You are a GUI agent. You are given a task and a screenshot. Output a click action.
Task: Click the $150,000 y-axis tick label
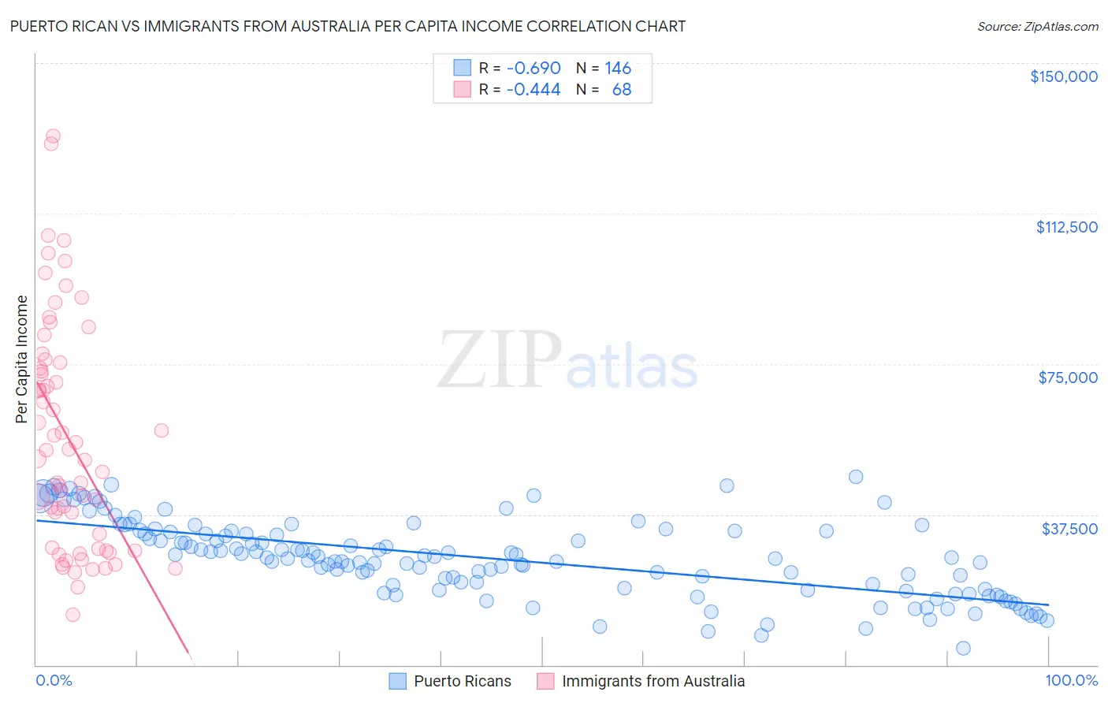pyautogui.click(x=1063, y=76)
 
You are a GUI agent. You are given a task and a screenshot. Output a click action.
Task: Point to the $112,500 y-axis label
pyautogui.click(x=1066, y=227)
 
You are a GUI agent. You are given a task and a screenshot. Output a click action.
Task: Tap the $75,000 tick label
pyautogui.click(x=1068, y=378)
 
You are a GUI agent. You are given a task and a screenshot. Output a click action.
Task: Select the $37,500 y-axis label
pyautogui.click(x=1069, y=529)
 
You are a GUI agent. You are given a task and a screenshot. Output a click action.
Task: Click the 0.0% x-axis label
pyautogui.click(x=54, y=681)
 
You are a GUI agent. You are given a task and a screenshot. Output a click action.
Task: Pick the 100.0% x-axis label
pyautogui.click(x=1071, y=681)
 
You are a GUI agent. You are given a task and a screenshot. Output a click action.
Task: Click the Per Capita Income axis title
pyautogui.click(x=21, y=359)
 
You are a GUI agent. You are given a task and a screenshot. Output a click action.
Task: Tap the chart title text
pyautogui.click(x=348, y=26)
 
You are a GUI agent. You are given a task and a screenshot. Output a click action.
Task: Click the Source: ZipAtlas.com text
pyautogui.click(x=1037, y=26)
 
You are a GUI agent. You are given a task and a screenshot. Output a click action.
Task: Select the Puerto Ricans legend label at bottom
pyautogui.click(x=463, y=682)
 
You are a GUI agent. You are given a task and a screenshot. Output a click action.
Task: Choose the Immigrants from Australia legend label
pyautogui.click(x=653, y=682)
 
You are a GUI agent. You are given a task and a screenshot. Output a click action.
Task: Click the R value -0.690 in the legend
pyautogui.click(x=534, y=69)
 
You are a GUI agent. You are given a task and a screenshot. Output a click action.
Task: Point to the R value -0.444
pyautogui.click(x=534, y=90)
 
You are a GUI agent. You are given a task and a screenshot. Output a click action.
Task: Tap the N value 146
pyautogui.click(x=618, y=69)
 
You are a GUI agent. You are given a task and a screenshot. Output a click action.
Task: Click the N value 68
pyautogui.click(x=622, y=90)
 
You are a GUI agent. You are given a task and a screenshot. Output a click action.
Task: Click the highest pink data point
pyautogui.click(x=53, y=136)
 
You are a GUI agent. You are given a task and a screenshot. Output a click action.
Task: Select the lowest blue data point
pyautogui.click(x=963, y=648)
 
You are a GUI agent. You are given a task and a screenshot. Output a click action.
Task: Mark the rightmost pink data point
pyautogui.click(x=175, y=568)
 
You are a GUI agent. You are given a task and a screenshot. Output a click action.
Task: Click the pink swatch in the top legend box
pyautogui.click(x=462, y=90)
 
